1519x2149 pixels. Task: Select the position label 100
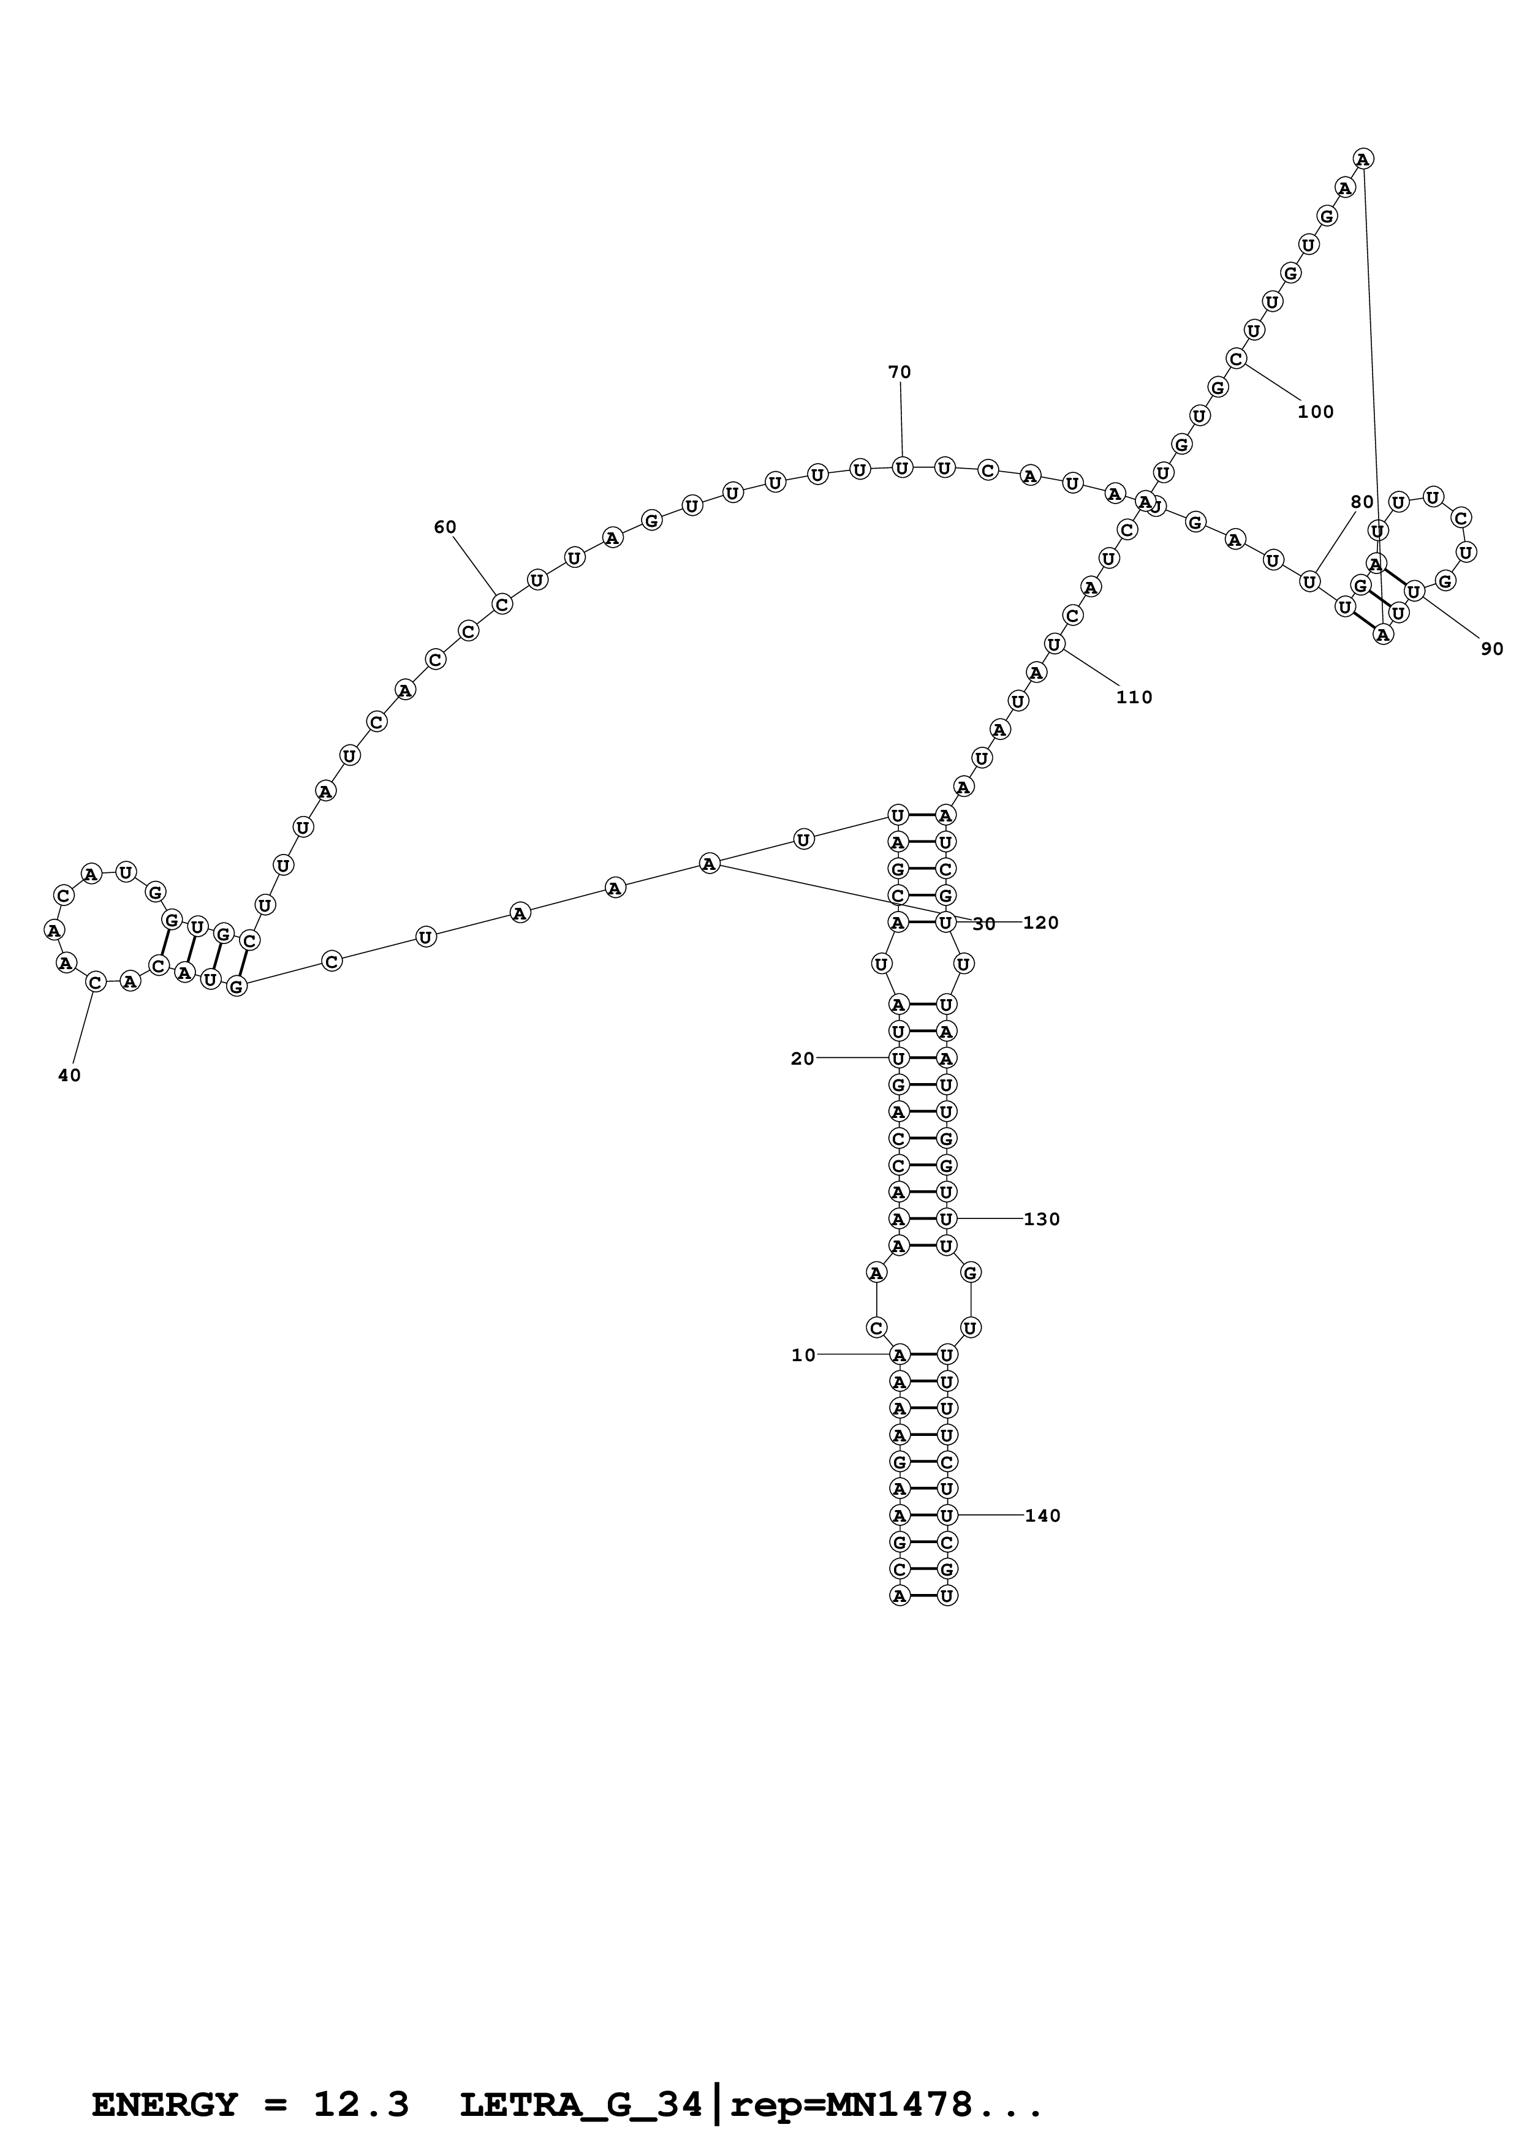[1315, 412]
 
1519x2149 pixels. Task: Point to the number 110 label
[1134, 697]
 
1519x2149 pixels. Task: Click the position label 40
[69, 1076]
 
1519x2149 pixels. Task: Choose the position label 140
[1043, 1516]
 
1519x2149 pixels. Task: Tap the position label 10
[803, 1355]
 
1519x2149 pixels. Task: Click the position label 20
[802, 1059]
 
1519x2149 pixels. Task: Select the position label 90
[1492, 649]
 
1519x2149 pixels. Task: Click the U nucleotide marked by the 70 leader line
[901, 467]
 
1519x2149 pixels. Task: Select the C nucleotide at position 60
[502, 603]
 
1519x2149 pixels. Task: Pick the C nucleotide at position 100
[1237, 358]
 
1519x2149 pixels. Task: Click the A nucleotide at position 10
[900, 1354]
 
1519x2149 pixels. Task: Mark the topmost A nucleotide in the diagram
[1363, 159]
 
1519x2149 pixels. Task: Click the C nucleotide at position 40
[94, 982]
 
